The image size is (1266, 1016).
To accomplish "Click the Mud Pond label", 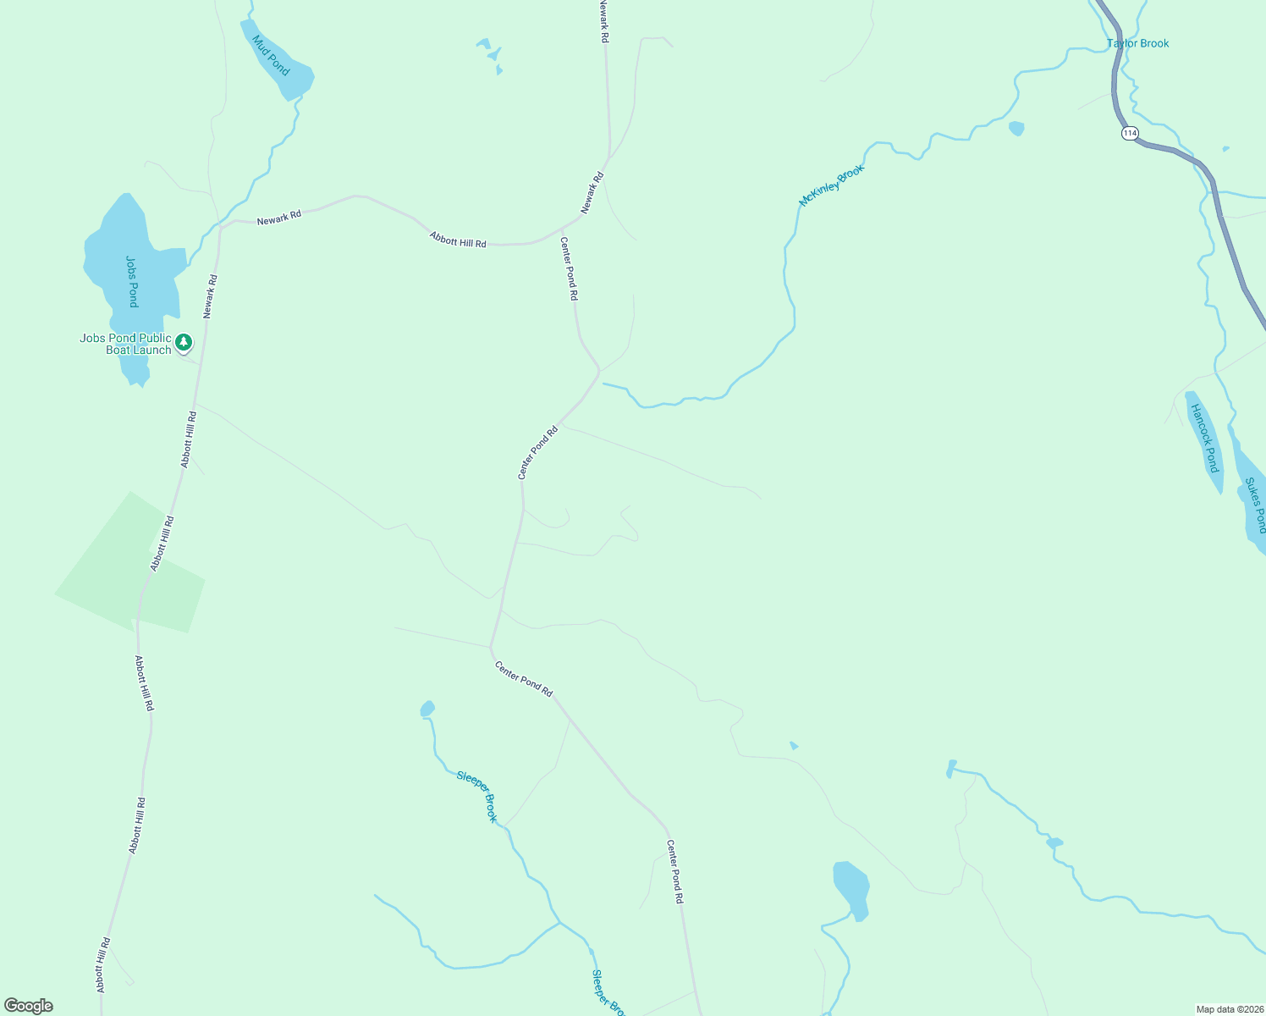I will [271, 55].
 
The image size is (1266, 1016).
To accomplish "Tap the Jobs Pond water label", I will [132, 281].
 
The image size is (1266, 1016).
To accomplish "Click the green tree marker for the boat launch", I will [184, 343].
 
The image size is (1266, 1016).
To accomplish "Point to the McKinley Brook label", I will [832, 185].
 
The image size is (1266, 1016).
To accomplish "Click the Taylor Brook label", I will [1137, 43].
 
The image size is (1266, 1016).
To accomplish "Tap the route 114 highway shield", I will [1130, 133].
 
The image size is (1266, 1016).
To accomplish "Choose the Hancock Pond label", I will [1204, 438].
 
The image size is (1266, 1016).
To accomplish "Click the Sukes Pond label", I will [1256, 505].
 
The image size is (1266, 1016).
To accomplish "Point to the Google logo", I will [29, 1006].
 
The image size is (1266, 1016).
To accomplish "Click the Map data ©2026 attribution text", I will [1229, 1009].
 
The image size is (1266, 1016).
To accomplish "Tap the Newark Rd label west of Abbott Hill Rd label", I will [279, 218].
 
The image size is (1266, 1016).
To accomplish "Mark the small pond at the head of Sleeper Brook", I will [427, 709].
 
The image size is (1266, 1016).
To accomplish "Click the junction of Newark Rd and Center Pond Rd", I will [562, 229].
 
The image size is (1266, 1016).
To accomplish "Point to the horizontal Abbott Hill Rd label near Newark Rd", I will [458, 240].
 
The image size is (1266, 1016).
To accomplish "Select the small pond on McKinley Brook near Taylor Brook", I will [1016, 129].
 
